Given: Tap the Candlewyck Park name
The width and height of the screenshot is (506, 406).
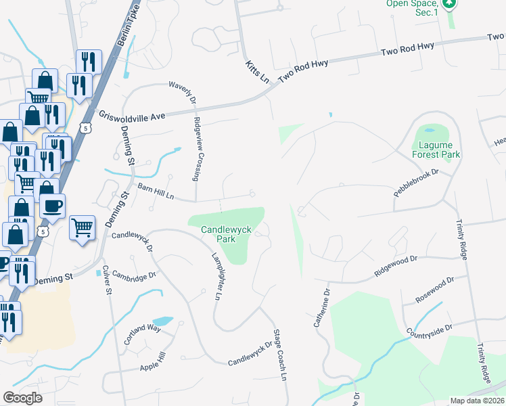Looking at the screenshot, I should click(x=226, y=234).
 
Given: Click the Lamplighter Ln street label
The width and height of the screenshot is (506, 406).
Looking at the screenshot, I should click(x=217, y=277).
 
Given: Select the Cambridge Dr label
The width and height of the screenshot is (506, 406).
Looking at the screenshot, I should click(x=134, y=275).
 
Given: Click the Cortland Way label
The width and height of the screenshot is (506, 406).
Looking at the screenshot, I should click(x=141, y=335).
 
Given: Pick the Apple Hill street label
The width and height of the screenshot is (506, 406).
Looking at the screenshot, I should click(x=152, y=365).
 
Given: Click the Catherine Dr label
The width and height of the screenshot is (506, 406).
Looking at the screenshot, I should click(x=321, y=309).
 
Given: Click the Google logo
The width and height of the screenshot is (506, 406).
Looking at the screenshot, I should click(x=22, y=398).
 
